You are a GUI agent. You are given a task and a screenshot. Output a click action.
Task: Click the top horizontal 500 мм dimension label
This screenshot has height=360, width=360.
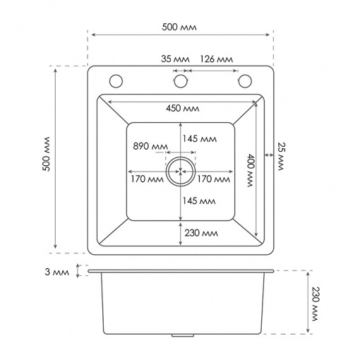point(179,27)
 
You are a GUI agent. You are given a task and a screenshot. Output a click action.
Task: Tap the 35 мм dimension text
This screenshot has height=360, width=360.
point(175,59)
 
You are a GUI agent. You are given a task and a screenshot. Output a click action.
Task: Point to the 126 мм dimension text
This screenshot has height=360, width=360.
point(217,59)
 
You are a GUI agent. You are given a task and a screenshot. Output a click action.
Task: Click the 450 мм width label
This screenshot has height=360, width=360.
point(183,108)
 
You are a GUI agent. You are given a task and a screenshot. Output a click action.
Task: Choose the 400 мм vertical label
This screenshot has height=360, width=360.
point(251,170)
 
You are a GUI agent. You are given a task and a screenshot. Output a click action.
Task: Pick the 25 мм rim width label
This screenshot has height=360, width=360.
point(281,156)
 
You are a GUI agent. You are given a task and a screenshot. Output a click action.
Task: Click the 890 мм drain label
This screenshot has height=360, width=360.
point(150,146)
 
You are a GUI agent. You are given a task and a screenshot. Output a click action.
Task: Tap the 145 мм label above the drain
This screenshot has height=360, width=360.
point(200,138)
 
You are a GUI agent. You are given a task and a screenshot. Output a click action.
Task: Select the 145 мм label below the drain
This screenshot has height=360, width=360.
point(199,200)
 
